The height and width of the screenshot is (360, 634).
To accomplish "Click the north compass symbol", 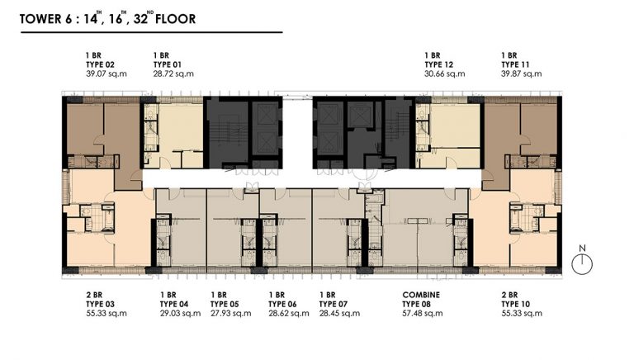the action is click(x=582, y=260).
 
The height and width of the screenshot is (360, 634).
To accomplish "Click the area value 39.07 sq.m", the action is click(x=106, y=73).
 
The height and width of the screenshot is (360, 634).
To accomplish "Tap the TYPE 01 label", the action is click(x=168, y=64).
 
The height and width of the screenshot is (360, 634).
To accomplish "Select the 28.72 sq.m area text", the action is click(x=173, y=73).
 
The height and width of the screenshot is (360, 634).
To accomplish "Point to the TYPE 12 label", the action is click(x=438, y=64).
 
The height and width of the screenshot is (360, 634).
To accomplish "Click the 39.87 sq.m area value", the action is click(x=522, y=73).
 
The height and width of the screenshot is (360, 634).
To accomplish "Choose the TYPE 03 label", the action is click(x=100, y=304).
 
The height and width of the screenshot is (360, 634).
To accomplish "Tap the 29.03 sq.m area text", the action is click(x=180, y=314).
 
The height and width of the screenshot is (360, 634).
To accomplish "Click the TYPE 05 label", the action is click(x=225, y=304).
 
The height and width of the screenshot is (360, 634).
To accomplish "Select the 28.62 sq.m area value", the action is click(x=289, y=314).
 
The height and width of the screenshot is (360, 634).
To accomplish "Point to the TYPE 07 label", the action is click(x=334, y=304).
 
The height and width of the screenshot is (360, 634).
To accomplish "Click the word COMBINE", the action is click(x=421, y=295).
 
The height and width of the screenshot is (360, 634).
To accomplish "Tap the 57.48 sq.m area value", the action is click(x=423, y=314).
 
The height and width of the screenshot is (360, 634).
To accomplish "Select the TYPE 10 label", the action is click(x=515, y=304).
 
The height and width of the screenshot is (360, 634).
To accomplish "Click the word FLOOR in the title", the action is click(x=176, y=19).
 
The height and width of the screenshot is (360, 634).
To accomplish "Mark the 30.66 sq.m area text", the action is click(x=445, y=73).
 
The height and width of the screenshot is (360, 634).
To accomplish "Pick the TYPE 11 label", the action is click(x=515, y=64).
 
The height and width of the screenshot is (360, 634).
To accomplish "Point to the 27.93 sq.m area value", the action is click(x=231, y=314).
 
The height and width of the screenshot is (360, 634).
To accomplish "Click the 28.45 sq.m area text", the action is click(x=339, y=314).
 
